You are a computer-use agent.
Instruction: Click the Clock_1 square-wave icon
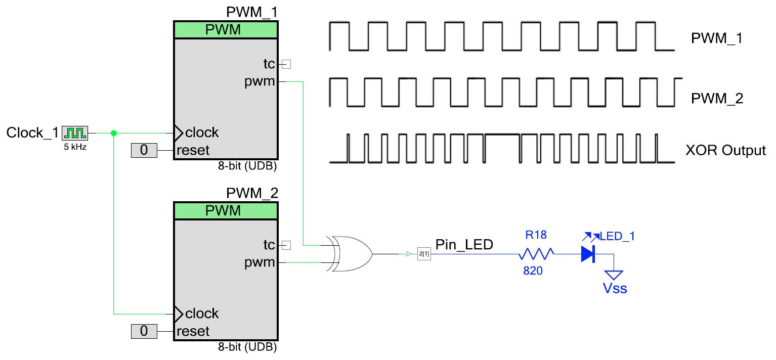[75, 133]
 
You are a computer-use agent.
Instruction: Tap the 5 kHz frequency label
[75, 148]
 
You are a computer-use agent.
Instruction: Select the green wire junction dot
[113, 133]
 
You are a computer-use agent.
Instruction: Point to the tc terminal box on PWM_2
[287, 245]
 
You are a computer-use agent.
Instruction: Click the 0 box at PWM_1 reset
[144, 150]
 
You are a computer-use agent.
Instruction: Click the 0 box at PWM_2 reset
[144, 331]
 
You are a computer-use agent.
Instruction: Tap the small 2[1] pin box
[423, 254]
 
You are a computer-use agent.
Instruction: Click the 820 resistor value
[533, 271]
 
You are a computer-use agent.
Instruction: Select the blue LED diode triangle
[587, 254]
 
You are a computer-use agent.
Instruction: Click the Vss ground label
[614, 288]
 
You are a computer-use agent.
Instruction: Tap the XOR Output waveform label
[725, 151]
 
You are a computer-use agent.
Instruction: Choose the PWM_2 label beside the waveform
[716, 99]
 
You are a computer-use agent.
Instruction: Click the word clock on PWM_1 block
[202, 132]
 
